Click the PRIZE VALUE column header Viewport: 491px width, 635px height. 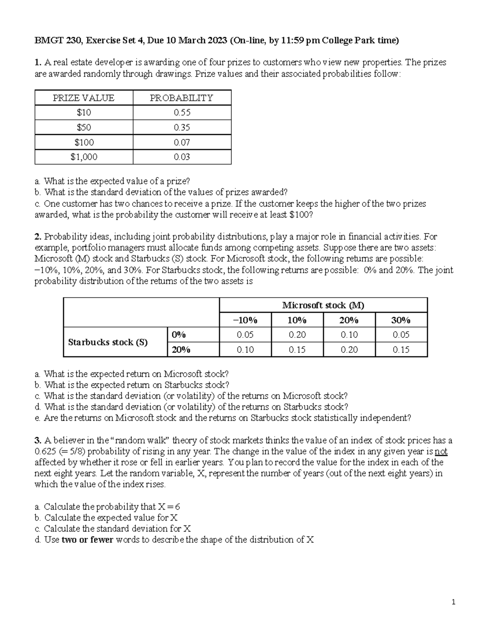tap(84, 98)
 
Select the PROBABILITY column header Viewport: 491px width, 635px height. tap(182, 98)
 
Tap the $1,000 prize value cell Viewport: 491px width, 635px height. tap(84, 157)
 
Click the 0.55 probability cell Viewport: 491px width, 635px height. tap(182, 112)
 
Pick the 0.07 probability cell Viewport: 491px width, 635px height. tap(182, 142)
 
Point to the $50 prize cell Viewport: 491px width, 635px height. tap(84, 128)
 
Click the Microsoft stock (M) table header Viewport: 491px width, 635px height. tap(323, 305)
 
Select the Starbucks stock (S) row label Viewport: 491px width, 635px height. tap(108, 342)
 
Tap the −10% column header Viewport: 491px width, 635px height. tap(245, 320)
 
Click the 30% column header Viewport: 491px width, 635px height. tap(401, 320)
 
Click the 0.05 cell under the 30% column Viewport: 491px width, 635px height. tap(401, 335)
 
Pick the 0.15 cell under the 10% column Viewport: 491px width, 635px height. tap(297, 350)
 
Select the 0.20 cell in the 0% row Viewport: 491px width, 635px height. tap(297, 335)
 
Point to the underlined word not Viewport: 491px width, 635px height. tap(441, 452)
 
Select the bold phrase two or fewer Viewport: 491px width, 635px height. tap(87, 540)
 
